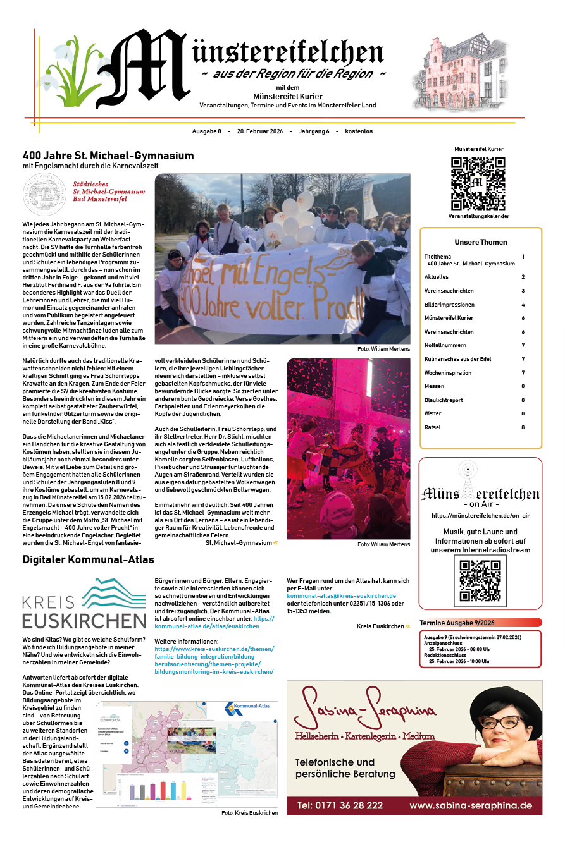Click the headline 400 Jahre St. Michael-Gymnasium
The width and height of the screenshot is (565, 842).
pos(108,156)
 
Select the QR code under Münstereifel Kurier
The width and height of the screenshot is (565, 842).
pos(478,183)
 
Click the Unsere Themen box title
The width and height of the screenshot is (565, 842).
pos(480,242)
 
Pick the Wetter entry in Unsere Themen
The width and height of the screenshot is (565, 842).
pos(433,413)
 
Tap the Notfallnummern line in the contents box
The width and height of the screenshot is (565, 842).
pos(445,345)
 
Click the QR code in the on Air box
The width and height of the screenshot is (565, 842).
pos(480,581)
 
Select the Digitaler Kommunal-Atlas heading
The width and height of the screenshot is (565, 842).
pos(88,559)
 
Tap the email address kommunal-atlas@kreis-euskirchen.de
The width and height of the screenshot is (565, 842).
pos(342,596)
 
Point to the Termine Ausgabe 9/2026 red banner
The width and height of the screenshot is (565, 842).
pos(480,623)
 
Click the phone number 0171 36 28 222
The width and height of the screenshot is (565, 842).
pos(340,805)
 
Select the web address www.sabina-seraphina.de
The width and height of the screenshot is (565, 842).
pos(471,805)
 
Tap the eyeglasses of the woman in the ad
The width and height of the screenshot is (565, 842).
pos(500,721)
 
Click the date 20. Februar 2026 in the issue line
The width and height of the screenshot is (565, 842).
pos(260,131)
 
